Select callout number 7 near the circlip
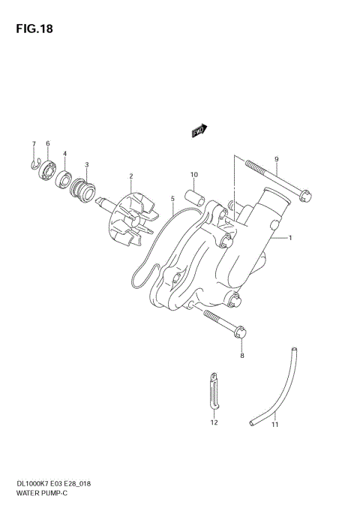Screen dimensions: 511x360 pyautogui.click(x=33, y=143)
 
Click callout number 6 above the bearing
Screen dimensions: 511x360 pyautogui.click(x=47, y=143)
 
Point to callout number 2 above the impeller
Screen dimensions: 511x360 pyautogui.click(x=130, y=177)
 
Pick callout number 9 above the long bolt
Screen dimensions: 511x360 pyautogui.click(x=276, y=159)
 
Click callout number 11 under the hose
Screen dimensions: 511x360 pyautogui.click(x=274, y=425)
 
